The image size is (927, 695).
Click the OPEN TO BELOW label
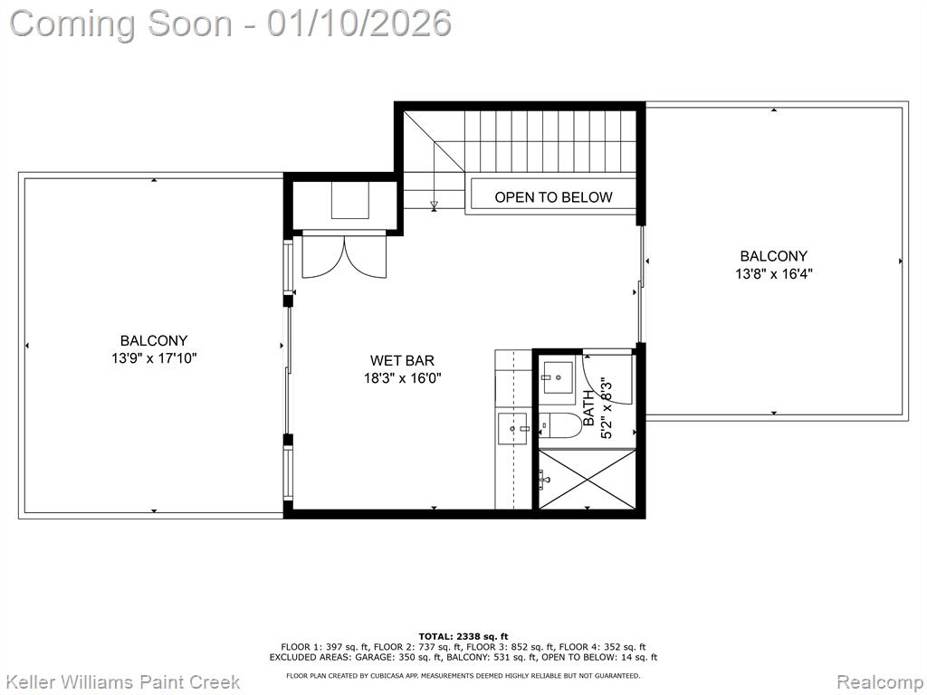pos(553,197)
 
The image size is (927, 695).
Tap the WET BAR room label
pos(402,360)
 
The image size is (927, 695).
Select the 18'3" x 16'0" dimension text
pos(403,378)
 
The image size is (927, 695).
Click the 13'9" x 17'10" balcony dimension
pos(154,358)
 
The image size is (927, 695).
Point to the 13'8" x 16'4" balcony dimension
pos(773,274)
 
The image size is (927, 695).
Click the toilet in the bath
pos(561,425)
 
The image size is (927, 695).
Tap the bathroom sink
pos(558,376)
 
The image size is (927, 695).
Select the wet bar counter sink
pos(513,428)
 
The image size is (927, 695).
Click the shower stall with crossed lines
pos(587,479)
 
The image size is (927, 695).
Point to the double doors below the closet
pos(344,255)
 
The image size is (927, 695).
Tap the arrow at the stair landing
pos(434,205)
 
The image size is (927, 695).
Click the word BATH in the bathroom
pos(589,408)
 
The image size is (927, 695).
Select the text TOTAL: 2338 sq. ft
pos(463,636)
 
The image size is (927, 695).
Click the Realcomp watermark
pos(880,682)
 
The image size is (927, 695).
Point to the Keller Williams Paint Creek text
pos(123,682)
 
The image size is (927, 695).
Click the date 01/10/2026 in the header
pos(358,24)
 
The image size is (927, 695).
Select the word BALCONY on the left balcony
pos(154,341)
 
